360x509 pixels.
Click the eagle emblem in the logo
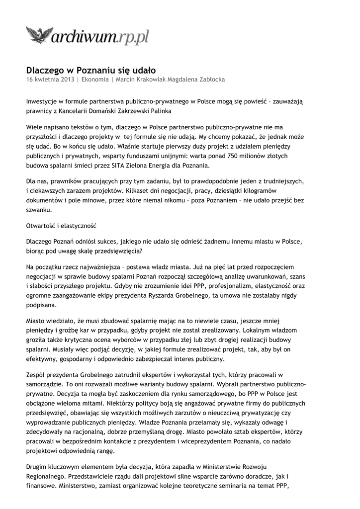[40, 36]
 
